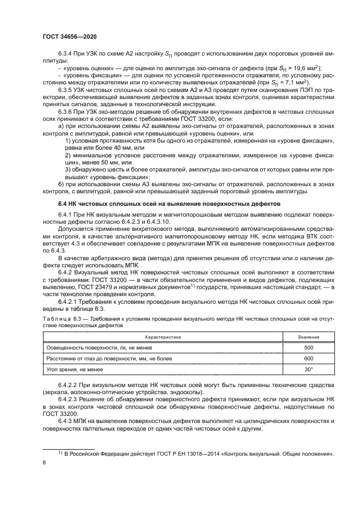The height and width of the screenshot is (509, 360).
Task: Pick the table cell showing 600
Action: point(308,358)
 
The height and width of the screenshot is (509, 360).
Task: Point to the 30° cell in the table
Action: point(308,370)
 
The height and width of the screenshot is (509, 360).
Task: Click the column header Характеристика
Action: point(162,337)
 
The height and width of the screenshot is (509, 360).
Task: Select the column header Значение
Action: point(308,337)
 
